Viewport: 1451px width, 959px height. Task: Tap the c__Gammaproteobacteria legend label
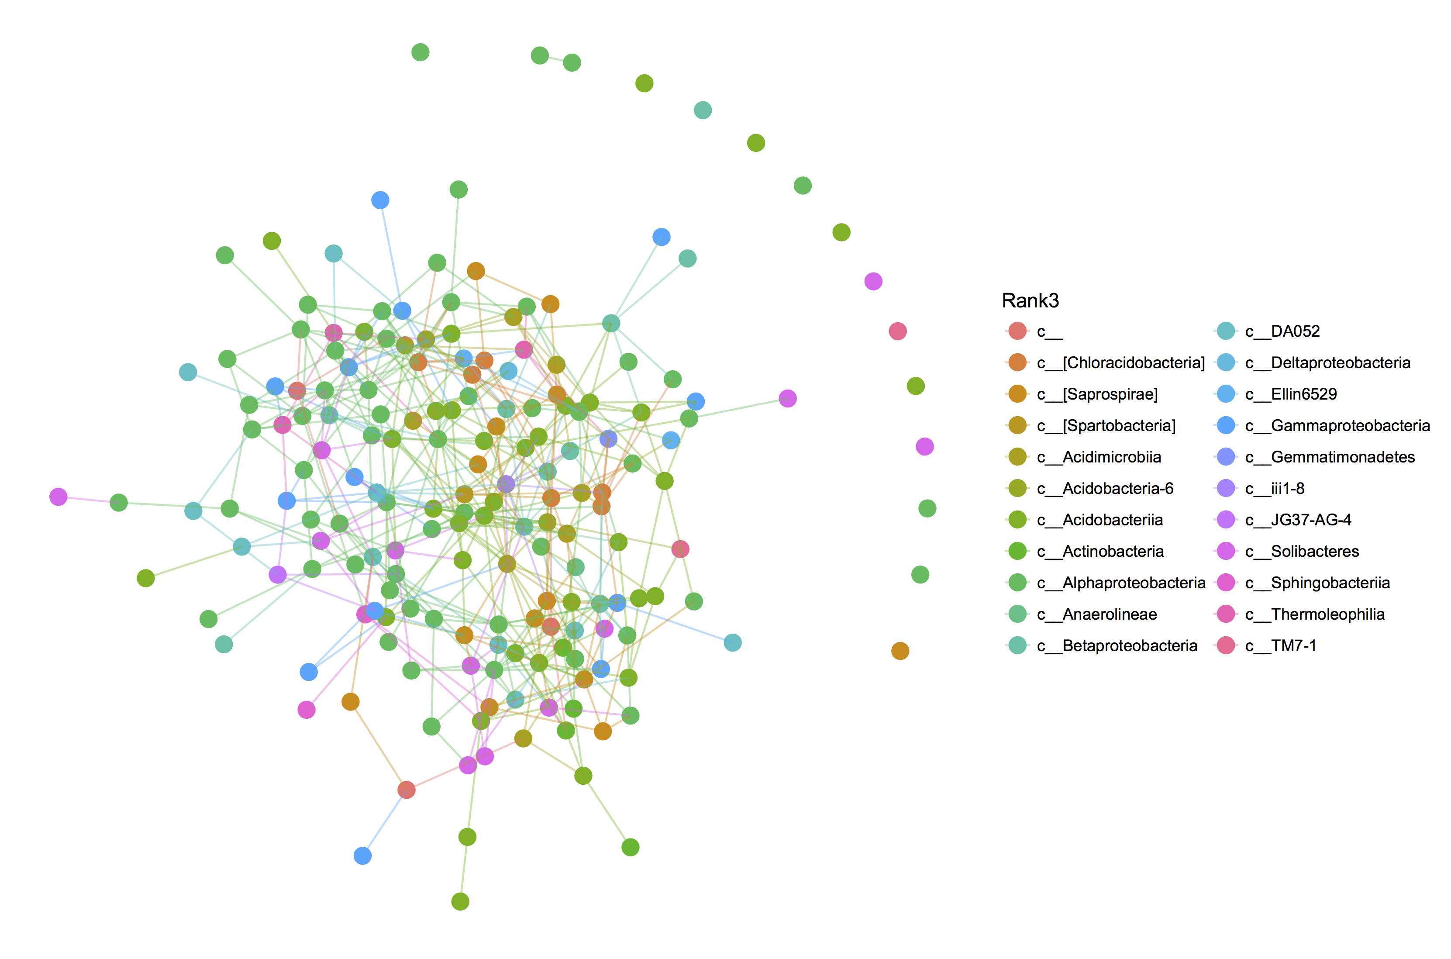[x=1350, y=426]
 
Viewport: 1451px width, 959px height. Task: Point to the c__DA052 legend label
[x=1295, y=331]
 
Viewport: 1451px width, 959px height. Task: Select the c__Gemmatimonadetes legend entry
[x=1342, y=457]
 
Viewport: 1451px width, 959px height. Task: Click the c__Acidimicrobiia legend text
[x=1111, y=457]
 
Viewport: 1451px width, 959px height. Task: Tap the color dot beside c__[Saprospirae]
[x=1017, y=394]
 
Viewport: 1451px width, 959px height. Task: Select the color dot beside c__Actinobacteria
[x=1017, y=551]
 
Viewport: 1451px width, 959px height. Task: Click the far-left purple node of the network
[x=58, y=497]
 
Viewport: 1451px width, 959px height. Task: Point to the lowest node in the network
[x=460, y=901]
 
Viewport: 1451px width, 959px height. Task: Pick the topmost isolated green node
[x=420, y=52]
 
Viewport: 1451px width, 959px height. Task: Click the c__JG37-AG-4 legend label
[x=1310, y=520]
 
